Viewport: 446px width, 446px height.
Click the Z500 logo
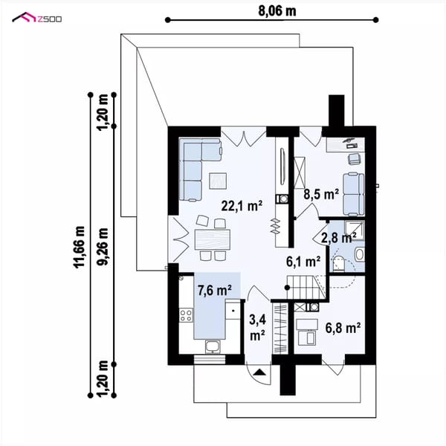[x=36, y=18]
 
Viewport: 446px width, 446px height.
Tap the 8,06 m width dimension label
[x=277, y=11]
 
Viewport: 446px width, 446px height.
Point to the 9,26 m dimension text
[x=103, y=247]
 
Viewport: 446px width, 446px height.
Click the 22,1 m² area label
[x=242, y=206]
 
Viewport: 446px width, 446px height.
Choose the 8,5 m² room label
[x=321, y=194]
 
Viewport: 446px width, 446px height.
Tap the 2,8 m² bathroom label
[x=338, y=238]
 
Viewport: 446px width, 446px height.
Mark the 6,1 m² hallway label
[x=303, y=262]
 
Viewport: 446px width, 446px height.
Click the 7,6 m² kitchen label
[x=215, y=291]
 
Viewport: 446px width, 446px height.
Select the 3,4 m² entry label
[x=258, y=327]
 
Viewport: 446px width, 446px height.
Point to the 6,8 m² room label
[x=343, y=328]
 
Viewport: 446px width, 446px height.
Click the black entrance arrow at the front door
[x=259, y=372]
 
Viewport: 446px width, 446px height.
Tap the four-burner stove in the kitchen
[x=186, y=315]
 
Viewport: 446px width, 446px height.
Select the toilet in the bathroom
[x=338, y=263]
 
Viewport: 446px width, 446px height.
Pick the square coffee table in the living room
[x=218, y=181]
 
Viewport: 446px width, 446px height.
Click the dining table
[x=212, y=239]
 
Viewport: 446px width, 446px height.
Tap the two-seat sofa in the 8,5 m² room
[x=354, y=194]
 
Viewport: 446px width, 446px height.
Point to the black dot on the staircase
[x=287, y=288]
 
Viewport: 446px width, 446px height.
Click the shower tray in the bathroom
[x=354, y=230]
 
